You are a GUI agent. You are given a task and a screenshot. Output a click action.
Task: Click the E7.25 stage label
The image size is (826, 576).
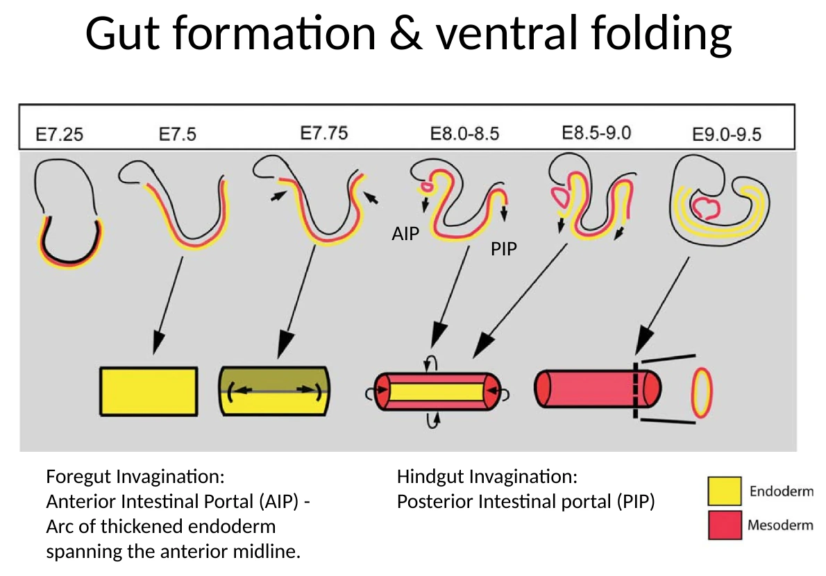(x=60, y=134)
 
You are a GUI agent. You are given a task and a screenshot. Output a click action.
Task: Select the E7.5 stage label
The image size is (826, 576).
(x=178, y=134)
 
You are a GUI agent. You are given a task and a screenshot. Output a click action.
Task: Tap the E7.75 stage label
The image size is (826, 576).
(x=324, y=133)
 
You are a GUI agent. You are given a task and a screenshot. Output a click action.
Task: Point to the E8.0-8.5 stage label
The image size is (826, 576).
(x=464, y=134)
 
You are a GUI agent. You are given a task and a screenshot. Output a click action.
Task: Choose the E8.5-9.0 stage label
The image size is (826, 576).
(x=596, y=133)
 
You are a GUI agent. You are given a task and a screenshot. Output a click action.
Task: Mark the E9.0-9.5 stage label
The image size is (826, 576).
(x=727, y=134)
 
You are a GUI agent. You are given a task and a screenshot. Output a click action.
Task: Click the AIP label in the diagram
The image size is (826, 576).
(x=405, y=233)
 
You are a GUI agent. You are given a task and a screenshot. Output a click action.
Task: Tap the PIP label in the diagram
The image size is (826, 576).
(x=504, y=248)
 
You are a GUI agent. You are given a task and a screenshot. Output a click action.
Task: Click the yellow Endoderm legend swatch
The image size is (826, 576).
(x=725, y=491)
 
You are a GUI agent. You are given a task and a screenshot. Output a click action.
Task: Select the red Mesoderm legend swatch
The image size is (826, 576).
(x=725, y=525)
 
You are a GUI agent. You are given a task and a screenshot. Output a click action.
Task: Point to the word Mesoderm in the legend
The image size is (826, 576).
(x=780, y=525)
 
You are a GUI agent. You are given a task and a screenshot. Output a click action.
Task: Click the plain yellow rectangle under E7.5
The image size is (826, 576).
(x=149, y=391)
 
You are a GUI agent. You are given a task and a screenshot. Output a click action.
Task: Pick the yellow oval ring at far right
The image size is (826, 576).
(x=702, y=393)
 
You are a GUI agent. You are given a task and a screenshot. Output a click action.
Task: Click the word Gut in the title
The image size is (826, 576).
(x=123, y=34)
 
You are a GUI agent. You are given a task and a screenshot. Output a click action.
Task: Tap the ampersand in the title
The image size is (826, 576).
(x=406, y=34)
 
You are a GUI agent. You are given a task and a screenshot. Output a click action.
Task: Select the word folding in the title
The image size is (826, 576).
(x=661, y=35)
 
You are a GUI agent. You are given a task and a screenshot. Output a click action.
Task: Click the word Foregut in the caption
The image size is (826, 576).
(x=78, y=477)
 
